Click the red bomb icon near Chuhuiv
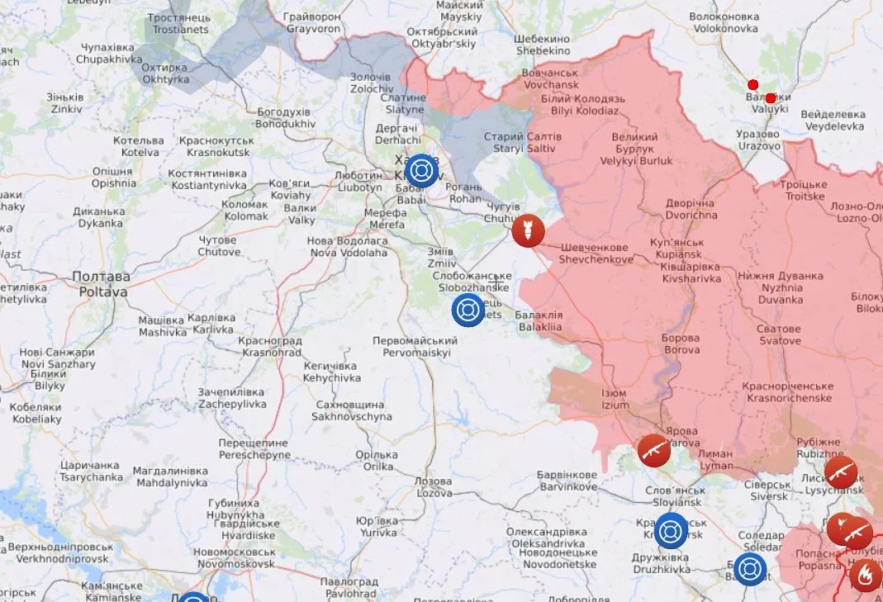click(528, 231)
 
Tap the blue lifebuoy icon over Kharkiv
click(422, 170)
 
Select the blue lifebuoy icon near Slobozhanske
click(467, 310)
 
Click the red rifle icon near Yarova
click(653, 450)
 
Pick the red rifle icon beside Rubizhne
click(842, 472)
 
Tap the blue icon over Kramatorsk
click(670, 530)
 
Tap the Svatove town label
click(780, 334)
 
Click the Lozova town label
click(434, 486)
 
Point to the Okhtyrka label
click(164, 73)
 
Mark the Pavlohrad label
click(350, 587)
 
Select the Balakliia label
click(539, 321)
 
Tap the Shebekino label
click(542, 45)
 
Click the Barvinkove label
click(566, 481)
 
